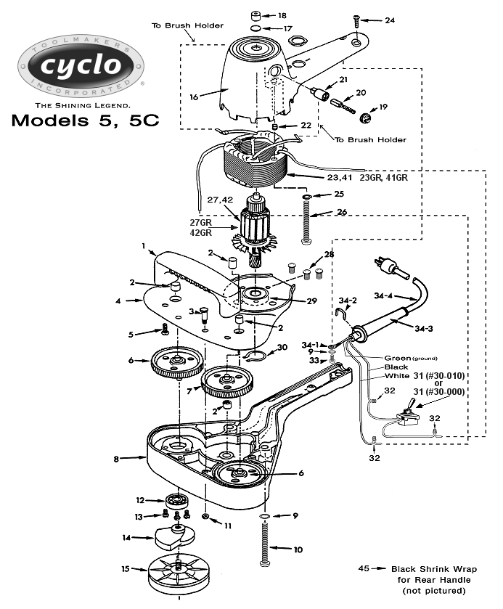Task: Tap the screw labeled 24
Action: tap(357, 20)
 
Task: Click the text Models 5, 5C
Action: tap(85, 120)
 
